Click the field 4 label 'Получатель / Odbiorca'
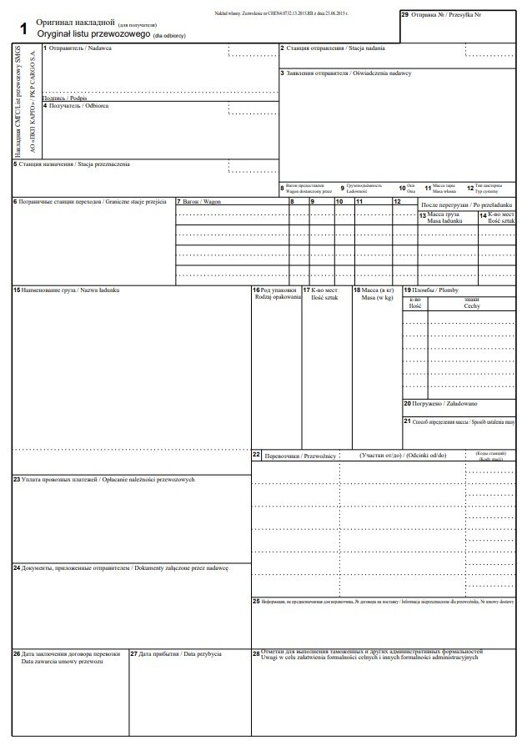click(x=78, y=106)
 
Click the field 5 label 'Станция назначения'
click(x=75, y=164)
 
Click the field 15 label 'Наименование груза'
click(x=70, y=290)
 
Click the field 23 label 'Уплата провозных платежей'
click(x=108, y=479)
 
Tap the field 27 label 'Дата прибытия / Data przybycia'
click(x=178, y=653)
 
